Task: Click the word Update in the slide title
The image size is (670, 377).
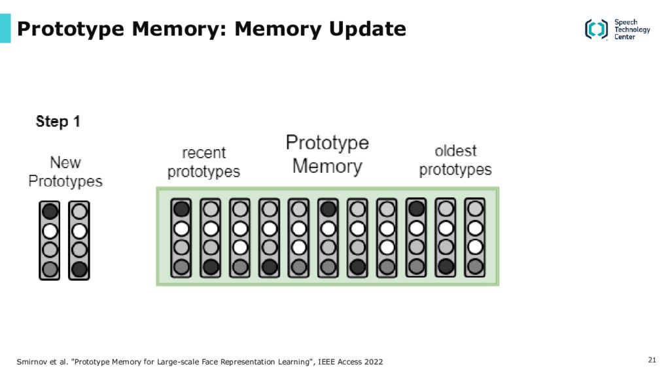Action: tap(368, 29)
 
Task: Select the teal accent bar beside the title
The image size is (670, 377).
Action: tap(5, 28)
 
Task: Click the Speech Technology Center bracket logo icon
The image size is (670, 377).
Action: tap(596, 29)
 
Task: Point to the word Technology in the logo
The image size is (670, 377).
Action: tap(632, 29)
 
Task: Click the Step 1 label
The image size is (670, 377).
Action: tap(58, 121)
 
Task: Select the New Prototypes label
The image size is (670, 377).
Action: tap(65, 172)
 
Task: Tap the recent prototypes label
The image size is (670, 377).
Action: tap(203, 162)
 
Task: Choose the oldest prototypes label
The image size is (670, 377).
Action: tap(455, 160)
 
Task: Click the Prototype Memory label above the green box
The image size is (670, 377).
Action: tap(327, 154)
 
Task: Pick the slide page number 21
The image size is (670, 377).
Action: tap(652, 360)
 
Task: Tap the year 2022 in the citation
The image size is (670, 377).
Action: tap(374, 361)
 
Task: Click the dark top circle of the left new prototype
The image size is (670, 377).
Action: tap(50, 211)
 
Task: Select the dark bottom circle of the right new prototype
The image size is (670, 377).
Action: tap(79, 269)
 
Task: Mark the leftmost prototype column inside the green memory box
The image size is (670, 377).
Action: tap(181, 238)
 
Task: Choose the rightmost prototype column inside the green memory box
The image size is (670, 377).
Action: tap(475, 237)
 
